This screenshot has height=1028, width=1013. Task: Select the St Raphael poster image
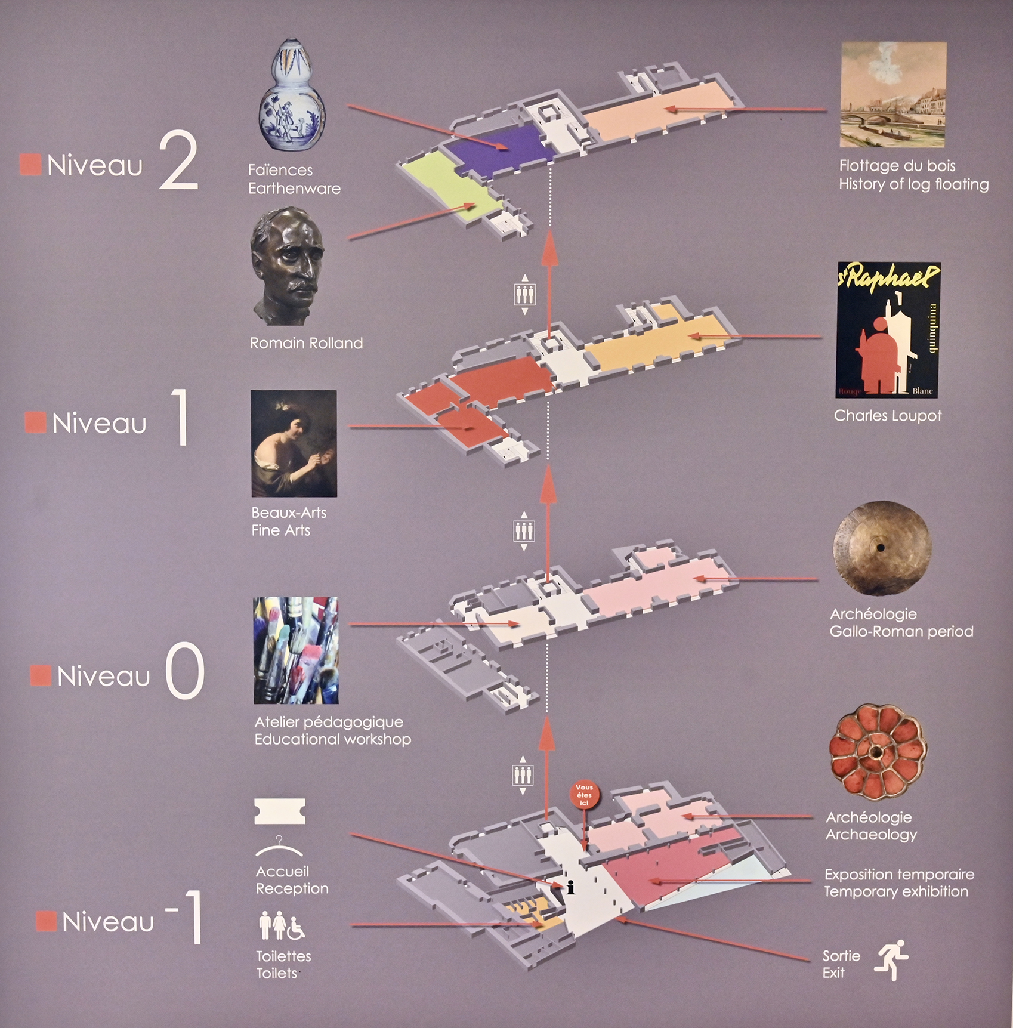pos(888,330)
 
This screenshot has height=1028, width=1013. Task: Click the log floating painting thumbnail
pos(893,94)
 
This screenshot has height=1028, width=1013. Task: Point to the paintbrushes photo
pos(296,650)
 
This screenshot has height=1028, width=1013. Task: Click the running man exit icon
pos(892,959)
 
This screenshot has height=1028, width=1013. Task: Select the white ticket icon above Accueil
pos(279,811)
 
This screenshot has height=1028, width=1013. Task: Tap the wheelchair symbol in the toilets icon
pos(296,927)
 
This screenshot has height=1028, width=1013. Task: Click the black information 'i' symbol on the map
pos(570,888)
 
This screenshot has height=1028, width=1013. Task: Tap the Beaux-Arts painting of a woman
pos(294,443)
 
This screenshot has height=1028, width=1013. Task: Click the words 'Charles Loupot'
pos(888,416)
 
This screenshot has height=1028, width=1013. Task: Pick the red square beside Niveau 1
pos(35,422)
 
